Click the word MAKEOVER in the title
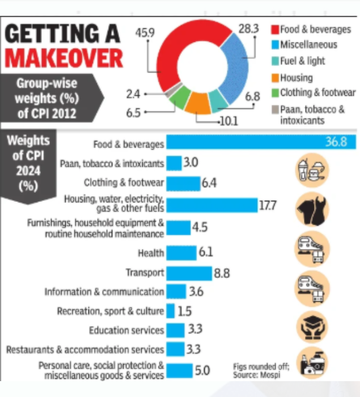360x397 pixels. (63, 58)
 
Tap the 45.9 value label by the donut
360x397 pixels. (145, 32)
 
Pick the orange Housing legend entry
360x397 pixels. (295, 78)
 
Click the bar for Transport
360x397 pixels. (189, 273)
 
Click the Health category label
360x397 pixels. (151, 254)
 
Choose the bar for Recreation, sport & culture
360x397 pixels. (171, 311)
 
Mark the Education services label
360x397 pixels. (126, 330)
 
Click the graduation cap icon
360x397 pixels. (312, 325)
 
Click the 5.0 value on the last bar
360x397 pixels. (202, 371)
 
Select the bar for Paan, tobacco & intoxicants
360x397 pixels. (174, 163)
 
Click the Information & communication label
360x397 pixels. (104, 292)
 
